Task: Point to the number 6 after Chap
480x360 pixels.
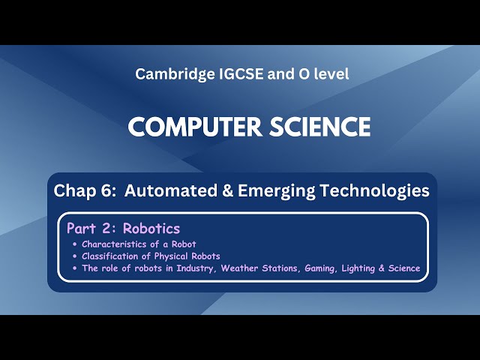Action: coord(109,191)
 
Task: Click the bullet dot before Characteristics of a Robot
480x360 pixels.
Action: coord(74,244)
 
